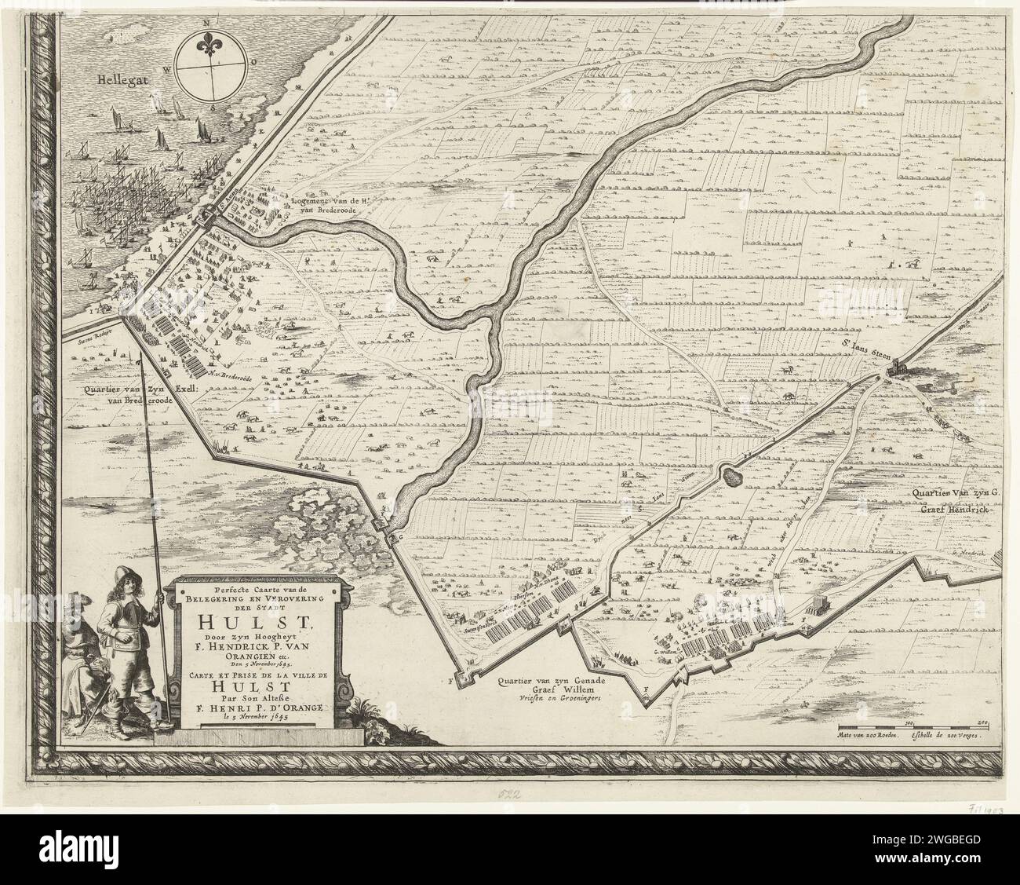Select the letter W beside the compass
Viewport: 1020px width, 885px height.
point(167,68)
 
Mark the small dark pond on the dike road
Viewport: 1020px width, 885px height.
point(732,474)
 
